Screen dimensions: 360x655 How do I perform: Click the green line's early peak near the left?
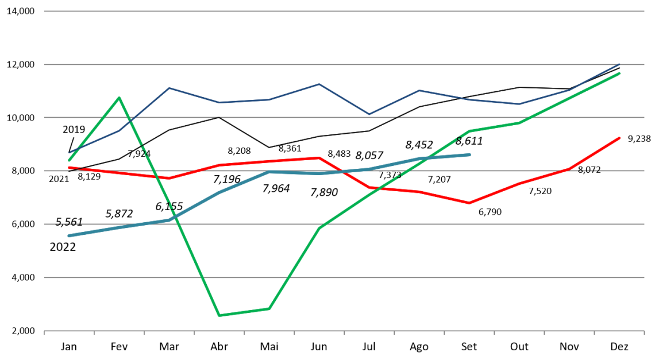pos(119,98)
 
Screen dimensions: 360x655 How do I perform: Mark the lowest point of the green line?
pos(219,315)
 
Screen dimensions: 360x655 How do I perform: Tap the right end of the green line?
pos(620,73)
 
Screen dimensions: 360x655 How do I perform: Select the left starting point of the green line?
pos(69,161)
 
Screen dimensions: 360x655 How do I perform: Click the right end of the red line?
pos(620,138)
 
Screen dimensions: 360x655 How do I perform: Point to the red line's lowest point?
pos(469,203)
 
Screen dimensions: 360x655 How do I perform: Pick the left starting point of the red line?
pos(69,168)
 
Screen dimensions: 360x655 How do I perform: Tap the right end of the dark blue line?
pos(620,64)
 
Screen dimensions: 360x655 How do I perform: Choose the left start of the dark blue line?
pos(69,153)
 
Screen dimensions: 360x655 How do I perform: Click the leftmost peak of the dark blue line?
pos(169,88)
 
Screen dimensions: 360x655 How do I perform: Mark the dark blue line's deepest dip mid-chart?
pos(369,114)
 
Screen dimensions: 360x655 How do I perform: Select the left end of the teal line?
pos(69,236)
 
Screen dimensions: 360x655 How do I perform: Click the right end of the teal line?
pos(470,154)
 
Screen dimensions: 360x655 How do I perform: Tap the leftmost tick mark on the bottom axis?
pos(44,332)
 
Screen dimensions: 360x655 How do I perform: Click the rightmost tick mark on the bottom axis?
pos(644,332)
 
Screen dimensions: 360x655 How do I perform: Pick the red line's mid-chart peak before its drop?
pos(319,157)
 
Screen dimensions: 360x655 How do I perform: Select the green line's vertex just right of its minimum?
pos(269,309)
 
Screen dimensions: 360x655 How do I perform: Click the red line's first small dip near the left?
pos(169,178)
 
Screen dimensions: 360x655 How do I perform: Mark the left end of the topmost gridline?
pos(44,11)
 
